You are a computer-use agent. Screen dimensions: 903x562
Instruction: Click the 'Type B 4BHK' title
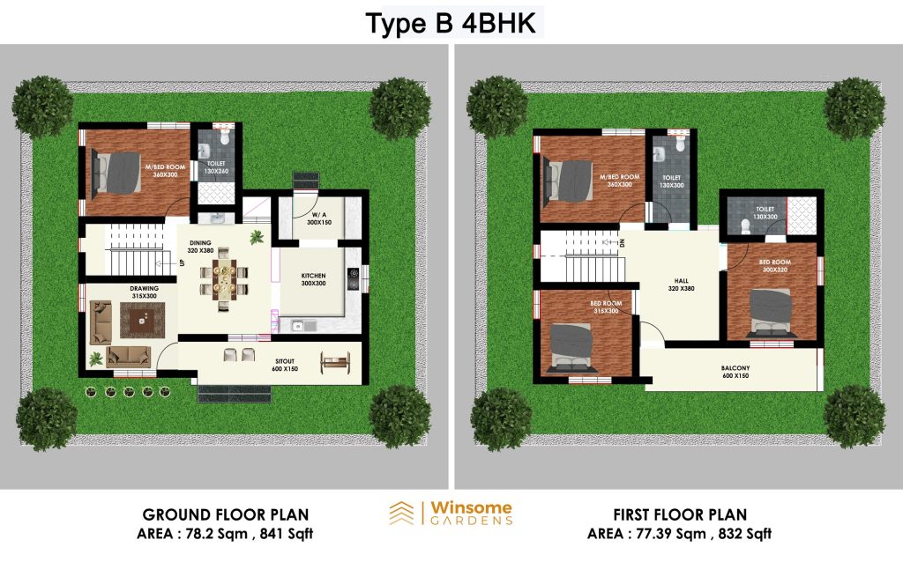point(451,24)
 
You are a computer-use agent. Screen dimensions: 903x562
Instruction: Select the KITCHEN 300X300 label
point(313,279)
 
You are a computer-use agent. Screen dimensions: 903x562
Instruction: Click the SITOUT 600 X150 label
point(285,366)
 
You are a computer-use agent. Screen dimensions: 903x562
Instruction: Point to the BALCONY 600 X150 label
point(735,372)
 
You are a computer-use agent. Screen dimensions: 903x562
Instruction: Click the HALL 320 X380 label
point(682,285)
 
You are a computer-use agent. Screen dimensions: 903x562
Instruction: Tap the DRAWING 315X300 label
point(144,292)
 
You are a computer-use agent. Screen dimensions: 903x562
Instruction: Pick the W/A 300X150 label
point(319,218)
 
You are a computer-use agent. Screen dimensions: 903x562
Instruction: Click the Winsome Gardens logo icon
point(401,513)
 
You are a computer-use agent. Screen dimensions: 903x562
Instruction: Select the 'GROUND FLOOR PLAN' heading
point(226,514)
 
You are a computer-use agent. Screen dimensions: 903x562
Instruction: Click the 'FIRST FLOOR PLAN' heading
point(680,514)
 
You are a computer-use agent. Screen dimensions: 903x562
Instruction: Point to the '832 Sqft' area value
point(745,534)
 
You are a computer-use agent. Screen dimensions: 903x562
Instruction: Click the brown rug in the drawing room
point(143,321)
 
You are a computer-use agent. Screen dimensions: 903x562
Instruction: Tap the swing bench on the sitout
point(334,362)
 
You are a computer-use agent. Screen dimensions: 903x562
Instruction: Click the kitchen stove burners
point(353,278)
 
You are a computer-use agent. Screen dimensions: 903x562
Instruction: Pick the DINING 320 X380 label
point(200,247)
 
